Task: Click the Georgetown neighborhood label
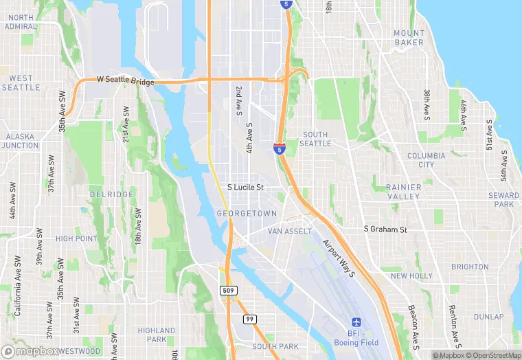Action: [x=246, y=214]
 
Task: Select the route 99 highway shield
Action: [x=251, y=319]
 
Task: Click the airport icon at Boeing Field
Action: [x=356, y=322]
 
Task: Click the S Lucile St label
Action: [x=246, y=187]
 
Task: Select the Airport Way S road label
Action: [x=338, y=258]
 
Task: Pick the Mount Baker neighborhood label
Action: [x=409, y=38]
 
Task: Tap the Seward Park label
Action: [x=503, y=200]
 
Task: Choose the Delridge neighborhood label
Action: [x=111, y=194]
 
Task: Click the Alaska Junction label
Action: [x=21, y=141]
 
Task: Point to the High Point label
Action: [x=76, y=238]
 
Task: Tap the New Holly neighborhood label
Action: [x=411, y=276]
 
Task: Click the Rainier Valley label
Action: [x=403, y=192]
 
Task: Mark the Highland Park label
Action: [x=157, y=335]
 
